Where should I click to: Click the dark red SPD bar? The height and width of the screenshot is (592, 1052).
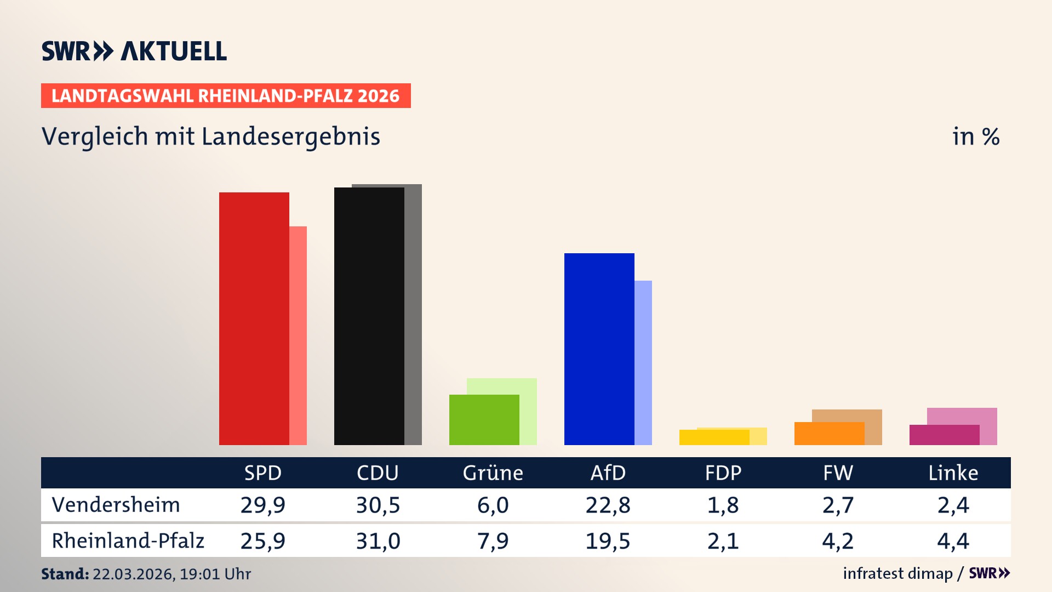[x=254, y=318]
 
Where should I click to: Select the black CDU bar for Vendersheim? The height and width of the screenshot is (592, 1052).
[x=369, y=316]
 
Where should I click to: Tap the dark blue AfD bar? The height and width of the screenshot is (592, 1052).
[x=599, y=349]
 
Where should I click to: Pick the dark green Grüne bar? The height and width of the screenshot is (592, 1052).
[x=484, y=420]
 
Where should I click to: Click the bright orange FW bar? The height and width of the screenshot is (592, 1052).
[x=829, y=434]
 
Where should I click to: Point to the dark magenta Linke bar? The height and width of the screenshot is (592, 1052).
[x=944, y=435]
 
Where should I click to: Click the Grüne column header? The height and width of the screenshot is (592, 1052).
[x=493, y=473]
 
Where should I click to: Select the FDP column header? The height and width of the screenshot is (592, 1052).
[x=723, y=473]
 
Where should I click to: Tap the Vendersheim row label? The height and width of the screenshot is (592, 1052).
[x=116, y=505]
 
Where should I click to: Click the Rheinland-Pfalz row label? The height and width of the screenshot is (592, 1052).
[x=128, y=541]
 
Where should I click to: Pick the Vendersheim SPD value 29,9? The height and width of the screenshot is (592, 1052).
[x=262, y=505]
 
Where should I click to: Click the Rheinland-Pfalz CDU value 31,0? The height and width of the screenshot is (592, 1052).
[x=378, y=541]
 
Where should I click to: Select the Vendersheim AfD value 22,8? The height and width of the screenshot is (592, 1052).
[x=608, y=505]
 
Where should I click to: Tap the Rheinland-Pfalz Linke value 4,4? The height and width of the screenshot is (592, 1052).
[x=953, y=541]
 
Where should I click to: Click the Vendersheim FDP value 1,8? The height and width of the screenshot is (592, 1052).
[x=723, y=505]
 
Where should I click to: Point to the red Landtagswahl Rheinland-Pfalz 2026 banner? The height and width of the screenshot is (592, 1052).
[x=226, y=96]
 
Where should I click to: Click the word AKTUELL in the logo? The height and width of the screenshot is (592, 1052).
[x=174, y=52]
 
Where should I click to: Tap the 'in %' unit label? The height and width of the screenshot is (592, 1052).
[x=975, y=137]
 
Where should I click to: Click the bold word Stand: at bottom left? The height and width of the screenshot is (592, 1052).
[x=65, y=574]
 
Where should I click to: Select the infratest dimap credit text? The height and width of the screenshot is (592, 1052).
[x=897, y=573]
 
